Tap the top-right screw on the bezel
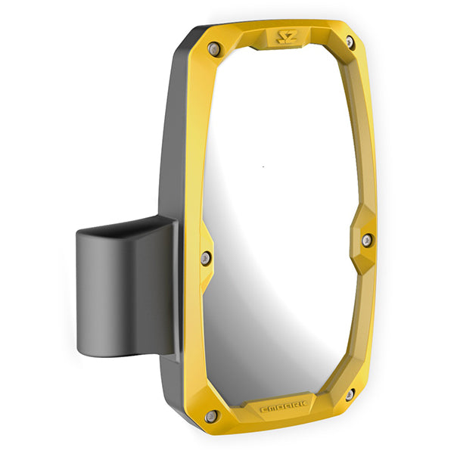tap(350, 42)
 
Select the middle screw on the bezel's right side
tap(366, 240)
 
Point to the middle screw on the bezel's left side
tap(205, 258)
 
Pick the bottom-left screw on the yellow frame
tap(211, 415)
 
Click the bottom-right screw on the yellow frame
tap(349, 394)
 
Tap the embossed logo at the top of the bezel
tap(287, 36)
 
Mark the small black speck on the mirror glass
tap(263, 166)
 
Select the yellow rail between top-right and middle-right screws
tap(365, 136)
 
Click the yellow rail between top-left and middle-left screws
tap(198, 151)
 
